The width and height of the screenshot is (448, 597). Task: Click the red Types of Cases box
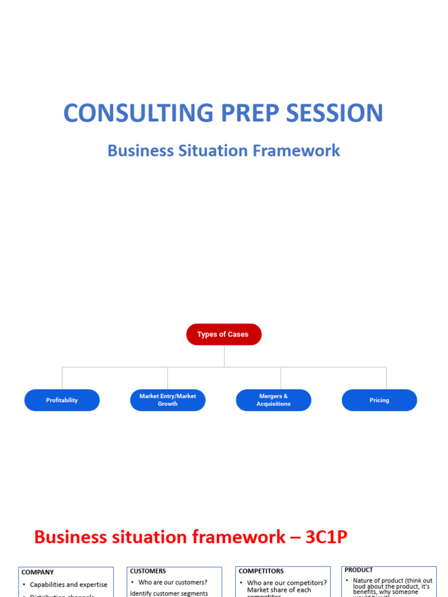[x=223, y=335]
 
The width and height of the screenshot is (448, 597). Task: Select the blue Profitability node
[x=62, y=401]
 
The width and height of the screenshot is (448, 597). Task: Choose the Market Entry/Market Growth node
[x=167, y=400]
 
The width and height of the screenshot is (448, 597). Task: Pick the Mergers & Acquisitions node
[x=274, y=400]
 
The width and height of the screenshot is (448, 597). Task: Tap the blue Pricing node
[x=379, y=401]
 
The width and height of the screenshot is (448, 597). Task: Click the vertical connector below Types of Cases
[x=224, y=356]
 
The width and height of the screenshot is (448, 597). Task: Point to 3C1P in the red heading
[x=326, y=537]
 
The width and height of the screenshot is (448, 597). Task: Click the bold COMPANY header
[x=38, y=573]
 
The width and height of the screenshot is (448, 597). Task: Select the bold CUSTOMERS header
[x=148, y=571]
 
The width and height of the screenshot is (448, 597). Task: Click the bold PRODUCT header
[x=359, y=570]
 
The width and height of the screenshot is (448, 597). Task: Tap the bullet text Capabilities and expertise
[x=68, y=585]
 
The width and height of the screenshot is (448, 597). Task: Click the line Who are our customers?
[x=173, y=582]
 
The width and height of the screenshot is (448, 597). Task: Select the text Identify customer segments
[x=169, y=594]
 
